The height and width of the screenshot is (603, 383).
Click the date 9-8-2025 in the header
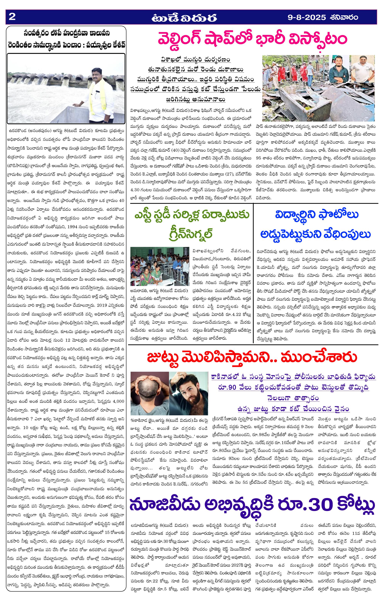[307, 18]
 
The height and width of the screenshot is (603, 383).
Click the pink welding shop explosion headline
[252, 39]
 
